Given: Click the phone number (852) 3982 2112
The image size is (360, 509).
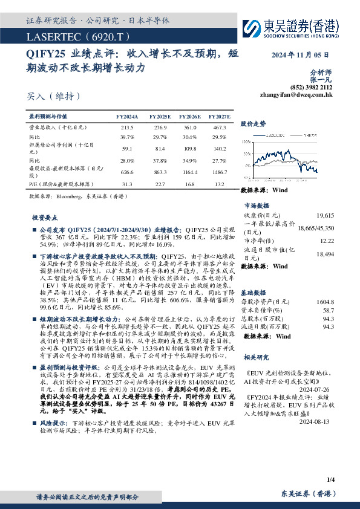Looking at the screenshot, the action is click(312, 87).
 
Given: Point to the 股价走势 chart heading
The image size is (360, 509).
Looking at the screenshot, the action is click(253, 123).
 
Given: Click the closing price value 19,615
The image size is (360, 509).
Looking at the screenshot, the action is click(325, 215).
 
